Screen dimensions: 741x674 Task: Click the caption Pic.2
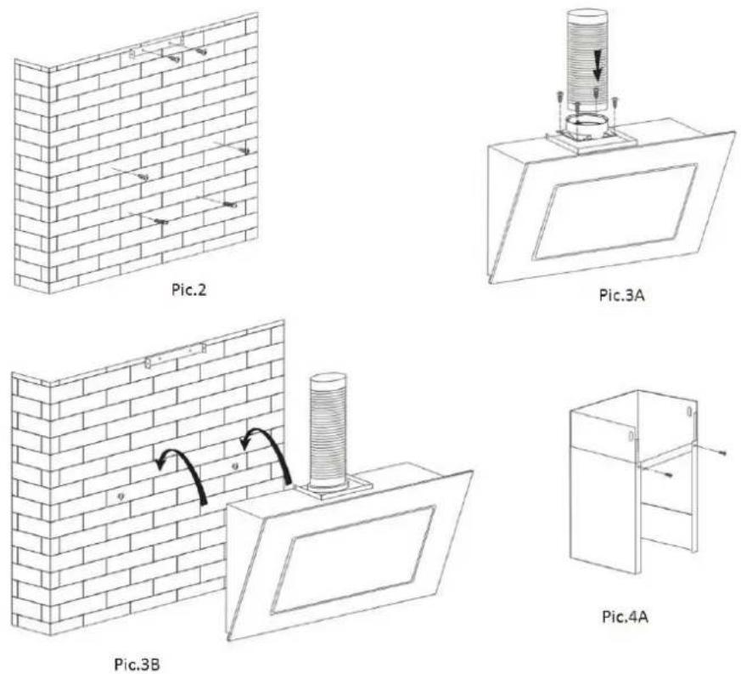[188, 289]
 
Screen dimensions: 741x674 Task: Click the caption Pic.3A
[621, 295]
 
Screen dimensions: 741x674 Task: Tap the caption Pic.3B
[137, 664]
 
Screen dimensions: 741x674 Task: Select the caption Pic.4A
[625, 617]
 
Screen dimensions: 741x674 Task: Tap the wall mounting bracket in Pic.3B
[176, 356]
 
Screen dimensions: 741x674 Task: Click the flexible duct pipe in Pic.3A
[586, 66]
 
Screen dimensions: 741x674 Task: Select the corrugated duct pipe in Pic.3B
[328, 428]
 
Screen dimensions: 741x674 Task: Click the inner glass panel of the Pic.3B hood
[353, 560]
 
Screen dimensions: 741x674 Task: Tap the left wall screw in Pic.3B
[121, 496]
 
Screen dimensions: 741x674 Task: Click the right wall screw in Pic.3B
[235, 467]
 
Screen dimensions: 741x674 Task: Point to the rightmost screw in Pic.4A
[722, 452]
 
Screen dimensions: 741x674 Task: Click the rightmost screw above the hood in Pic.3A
[615, 103]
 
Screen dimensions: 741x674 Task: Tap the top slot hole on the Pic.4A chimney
[690, 411]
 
